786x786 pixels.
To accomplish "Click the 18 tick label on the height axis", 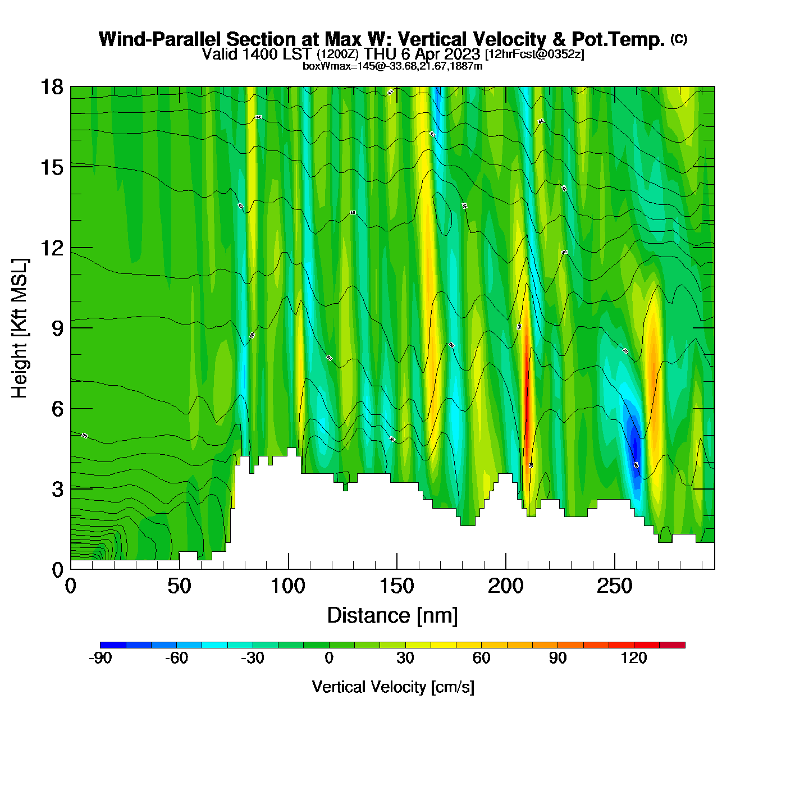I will point(51,87).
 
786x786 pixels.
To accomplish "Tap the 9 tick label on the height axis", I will point(57,328).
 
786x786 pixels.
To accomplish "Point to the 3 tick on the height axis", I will point(57,490).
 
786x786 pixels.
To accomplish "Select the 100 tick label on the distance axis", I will point(288,587).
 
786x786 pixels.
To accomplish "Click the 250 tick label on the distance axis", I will point(614,587).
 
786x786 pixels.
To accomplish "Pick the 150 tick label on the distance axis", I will point(397,587).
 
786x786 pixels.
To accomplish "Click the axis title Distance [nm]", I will point(392,616).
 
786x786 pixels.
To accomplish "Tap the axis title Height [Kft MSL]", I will point(20,328).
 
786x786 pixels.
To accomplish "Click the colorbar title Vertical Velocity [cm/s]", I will point(393,687).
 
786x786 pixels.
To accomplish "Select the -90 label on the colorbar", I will point(100,658).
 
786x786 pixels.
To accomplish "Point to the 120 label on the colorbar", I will point(634,658).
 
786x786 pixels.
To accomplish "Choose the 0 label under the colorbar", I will point(329,658).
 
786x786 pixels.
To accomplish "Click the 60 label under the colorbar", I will point(481,658).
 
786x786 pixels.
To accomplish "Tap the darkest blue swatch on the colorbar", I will point(113,645).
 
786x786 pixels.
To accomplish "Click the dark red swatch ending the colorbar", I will point(672,645).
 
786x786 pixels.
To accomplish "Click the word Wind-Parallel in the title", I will point(162,39).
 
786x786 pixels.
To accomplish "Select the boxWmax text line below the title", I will point(392,66).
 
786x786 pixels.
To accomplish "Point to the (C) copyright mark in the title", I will point(679,39).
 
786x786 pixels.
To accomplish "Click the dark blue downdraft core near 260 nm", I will point(635,446).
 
